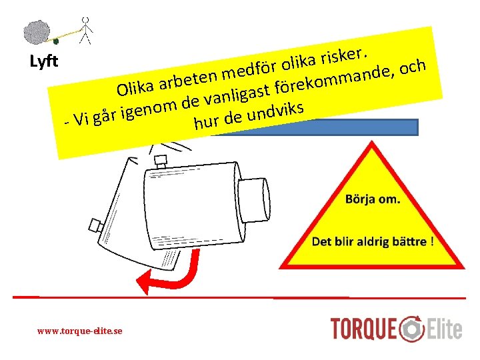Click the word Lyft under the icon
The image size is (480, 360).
tap(44, 61)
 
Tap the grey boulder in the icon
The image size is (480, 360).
tap(37, 32)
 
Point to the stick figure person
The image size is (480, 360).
tap(86, 31)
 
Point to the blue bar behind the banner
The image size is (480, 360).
tap(315, 127)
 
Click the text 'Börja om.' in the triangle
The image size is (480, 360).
tap(373, 199)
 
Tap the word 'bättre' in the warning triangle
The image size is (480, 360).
tap(409, 241)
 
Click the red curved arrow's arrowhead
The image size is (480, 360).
tap(144, 281)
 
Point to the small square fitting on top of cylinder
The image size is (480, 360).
tap(161, 161)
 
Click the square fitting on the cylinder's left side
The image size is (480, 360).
tap(95, 226)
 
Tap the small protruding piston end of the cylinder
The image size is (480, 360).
tap(254, 200)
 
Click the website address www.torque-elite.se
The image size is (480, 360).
tap(79, 331)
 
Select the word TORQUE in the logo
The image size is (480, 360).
tap(363, 329)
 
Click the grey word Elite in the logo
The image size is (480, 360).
tap(445, 329)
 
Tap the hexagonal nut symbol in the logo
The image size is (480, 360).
tap(412, 329)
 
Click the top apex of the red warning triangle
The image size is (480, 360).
tap(372, 141)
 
